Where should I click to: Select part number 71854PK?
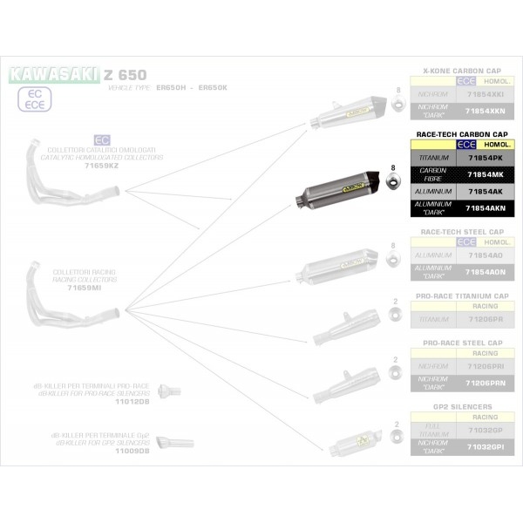pyautogui.click(x=485, y=158)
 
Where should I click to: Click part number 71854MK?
pyautogui.click(x=485, y=174)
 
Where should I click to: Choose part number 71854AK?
pyautogui.click(x=485, y=190)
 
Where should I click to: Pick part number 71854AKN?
pyautogui.click(x=485, y=207)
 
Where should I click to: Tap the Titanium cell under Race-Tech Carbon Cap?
pyautogui.click(x=432, y=158)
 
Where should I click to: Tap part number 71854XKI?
pyautogui.click(x=485, y=94)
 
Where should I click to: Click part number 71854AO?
pyautogui.click(x=485, y=255)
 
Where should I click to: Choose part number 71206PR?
pyautogui.click(x=485, y=319)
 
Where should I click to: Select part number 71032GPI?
pyautogui.click(x=485, y=446)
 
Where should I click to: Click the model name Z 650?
pyautogui.click(x=126, y=74)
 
